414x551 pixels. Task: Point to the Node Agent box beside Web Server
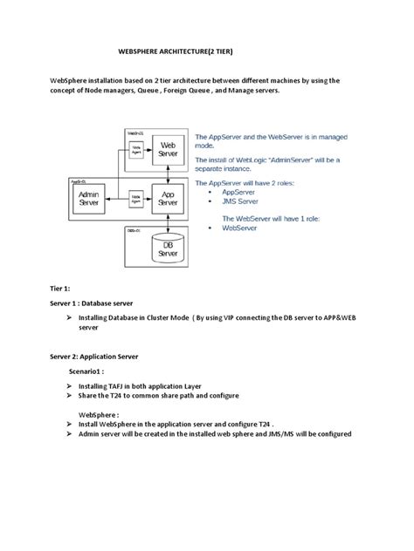[x=135, y=150]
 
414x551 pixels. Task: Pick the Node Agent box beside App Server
[x=135, y=198]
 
